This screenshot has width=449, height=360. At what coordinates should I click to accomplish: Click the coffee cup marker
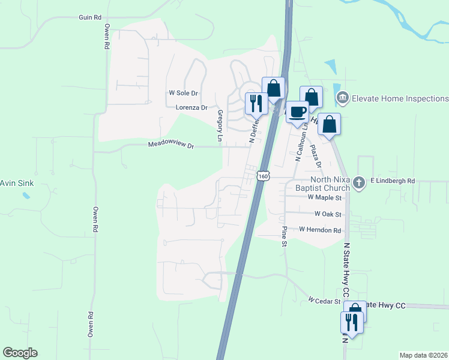coord(297,111)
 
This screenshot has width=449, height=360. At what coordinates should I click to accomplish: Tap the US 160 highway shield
coord(262,176)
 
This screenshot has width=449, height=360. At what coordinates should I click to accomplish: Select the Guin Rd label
coord(90,17)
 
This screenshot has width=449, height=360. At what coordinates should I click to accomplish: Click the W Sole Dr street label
coord(184,94)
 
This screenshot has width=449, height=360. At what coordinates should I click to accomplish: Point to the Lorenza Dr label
coord(191,108)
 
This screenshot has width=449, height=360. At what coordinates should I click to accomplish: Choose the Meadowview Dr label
coord(172,145)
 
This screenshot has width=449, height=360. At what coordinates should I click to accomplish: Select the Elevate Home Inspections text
coord(400,98)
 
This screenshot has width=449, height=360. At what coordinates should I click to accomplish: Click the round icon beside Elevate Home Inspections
coord(343,97)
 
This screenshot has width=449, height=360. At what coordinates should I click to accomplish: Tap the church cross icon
coord(358,183)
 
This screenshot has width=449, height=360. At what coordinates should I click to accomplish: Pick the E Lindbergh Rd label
coord(393,181)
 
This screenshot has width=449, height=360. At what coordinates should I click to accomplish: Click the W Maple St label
coord(324,197)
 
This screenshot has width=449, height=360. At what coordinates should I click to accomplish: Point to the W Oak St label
coord(328,214)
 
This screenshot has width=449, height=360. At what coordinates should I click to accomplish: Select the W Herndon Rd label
coord(320,230)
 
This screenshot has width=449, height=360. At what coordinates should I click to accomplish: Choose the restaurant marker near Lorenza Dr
coord(256,103)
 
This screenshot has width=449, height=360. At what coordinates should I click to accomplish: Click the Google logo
coord(20,353)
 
